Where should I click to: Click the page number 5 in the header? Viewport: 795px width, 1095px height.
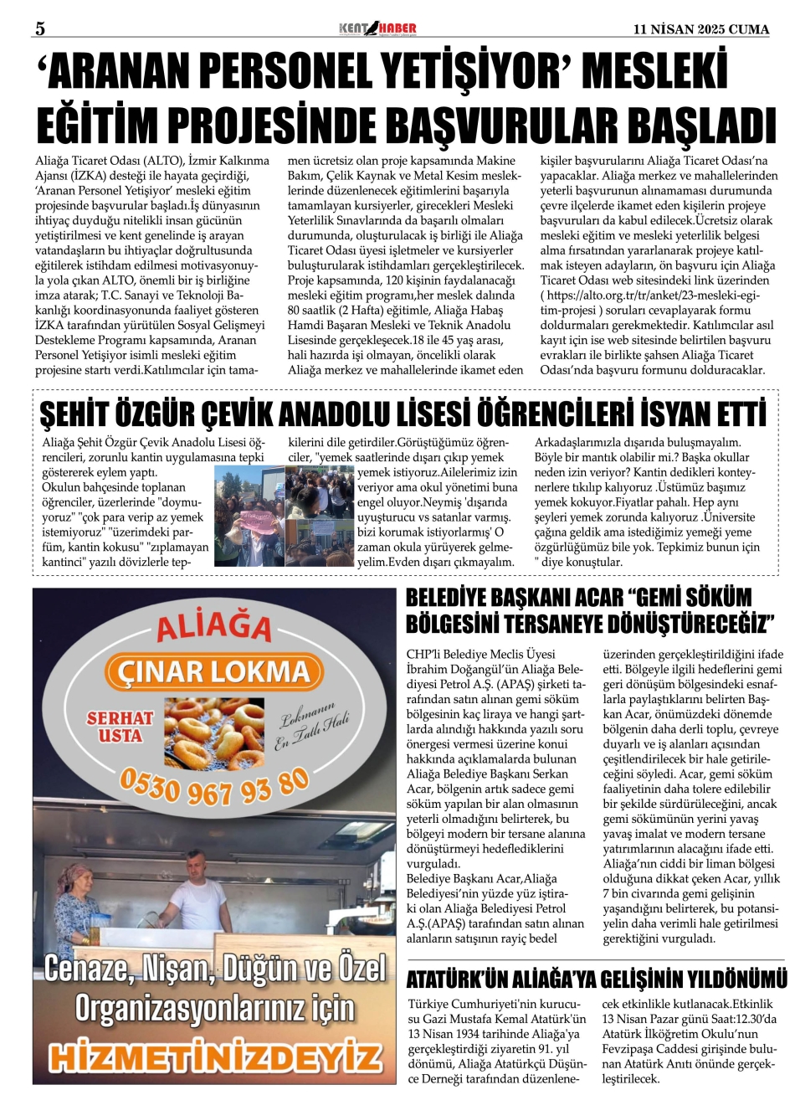pyautogui.click(x=39, y=28)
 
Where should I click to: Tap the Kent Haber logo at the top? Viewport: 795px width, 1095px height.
pyautogui.click(x=377, y=29)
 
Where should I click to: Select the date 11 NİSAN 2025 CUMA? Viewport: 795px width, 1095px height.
pyautogui.click(x=701, y=29)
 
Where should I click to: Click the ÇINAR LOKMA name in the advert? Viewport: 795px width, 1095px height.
pyautogui.click(x=214, y=671)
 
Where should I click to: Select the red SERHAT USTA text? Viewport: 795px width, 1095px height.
pyautogui.click(x=121, y=727)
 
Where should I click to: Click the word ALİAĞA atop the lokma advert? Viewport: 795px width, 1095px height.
pyautogui.click(x=214, y=627)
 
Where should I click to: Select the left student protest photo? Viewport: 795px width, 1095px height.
pyautogui.click(x=249, y=516)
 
